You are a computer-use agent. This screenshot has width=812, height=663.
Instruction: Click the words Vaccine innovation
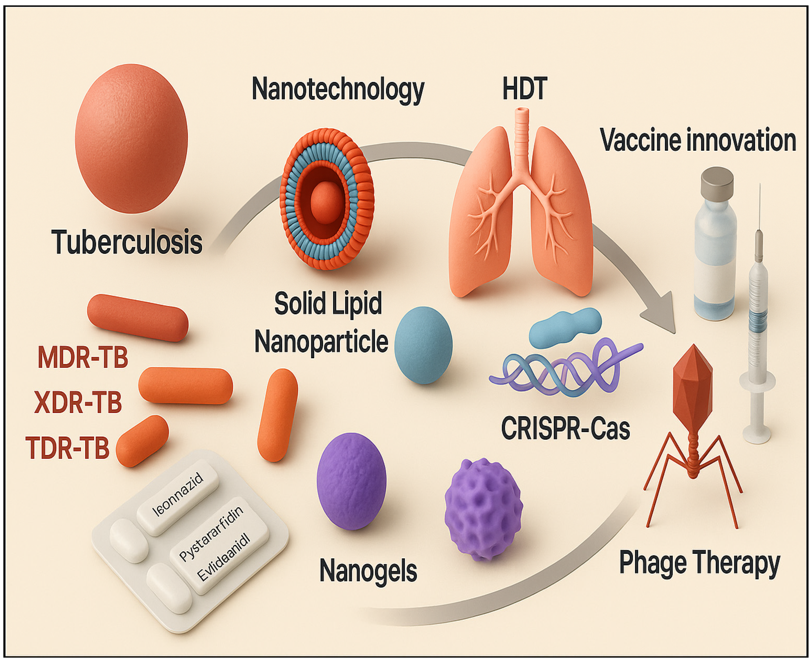[698, 140]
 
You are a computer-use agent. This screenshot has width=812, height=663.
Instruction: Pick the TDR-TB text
[68, 448]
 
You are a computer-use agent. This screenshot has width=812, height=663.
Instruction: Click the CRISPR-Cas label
[565, 428]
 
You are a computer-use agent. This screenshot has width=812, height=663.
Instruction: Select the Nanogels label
[368, 571]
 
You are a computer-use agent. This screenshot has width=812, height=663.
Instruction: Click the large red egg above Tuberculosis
[131, 138]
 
